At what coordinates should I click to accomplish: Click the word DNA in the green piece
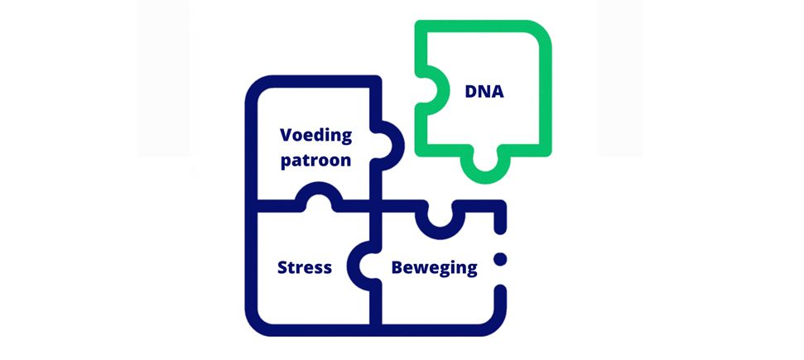tap(484, 92)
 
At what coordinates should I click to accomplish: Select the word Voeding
tap(315, 136)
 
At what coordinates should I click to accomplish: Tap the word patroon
tap(315, 160)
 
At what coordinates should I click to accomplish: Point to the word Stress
tap(305, 267)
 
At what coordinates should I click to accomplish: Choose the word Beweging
tap(435, 268)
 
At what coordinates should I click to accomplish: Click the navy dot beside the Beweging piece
tap(500, 260)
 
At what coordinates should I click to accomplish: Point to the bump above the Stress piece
tap(319, 189)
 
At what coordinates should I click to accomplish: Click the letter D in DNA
tap(471, 92)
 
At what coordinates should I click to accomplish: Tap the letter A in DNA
tap(498, 92)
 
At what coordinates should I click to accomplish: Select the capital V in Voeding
tap(286, 135)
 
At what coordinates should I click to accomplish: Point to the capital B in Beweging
tap(397, 267)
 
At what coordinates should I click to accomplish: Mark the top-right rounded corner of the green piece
tap(542, 31)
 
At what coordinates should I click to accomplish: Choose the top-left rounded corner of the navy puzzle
tap(257, 86)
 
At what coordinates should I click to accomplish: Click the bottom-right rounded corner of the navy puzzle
tap(496, 326)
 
